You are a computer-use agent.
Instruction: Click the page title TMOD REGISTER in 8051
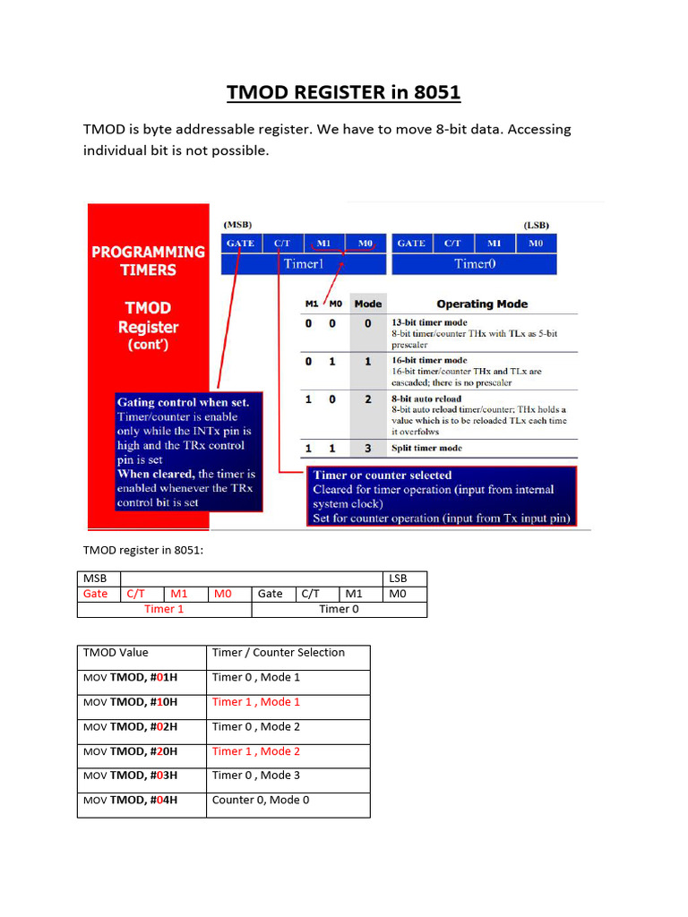click(x=344, y=92)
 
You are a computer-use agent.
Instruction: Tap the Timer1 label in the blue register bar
click(x=303, y=263)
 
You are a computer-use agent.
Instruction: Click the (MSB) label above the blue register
click(x=237, y=225)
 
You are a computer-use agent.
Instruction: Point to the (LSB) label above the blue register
click(x=537, y=225)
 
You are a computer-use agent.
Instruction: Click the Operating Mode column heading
click(x=482, y=304)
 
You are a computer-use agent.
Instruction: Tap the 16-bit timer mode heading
click(x=428, y=360)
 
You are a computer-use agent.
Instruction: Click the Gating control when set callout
click(x=184, y=402)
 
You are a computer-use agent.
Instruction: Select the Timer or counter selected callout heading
click(x=383, y=475)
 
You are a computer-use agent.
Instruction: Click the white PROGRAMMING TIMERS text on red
click(x=148, y=261)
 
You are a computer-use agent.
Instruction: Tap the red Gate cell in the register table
click(x=96, y=594)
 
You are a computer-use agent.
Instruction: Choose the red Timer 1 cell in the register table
click(x=164, y=609)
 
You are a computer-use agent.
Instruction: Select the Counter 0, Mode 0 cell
click(x=261, y=800)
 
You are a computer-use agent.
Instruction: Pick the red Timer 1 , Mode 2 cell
click(x=256, y=751)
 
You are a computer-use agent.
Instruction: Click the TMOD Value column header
click(x=116, y=653)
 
